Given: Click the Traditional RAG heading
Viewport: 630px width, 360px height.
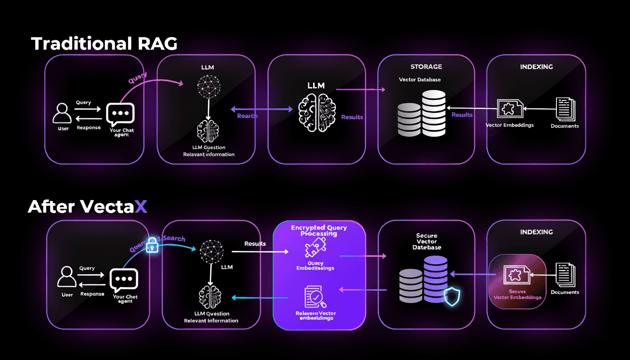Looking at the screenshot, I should (x=104, y=44).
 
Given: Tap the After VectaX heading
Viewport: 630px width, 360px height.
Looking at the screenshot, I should (x=88, y=206).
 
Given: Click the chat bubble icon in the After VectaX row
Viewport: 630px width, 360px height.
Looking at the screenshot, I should (x=123, y=280).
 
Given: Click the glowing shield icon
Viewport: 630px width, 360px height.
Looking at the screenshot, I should (x=452, y=296).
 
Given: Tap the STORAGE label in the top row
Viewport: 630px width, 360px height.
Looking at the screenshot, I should (x=426, y=67).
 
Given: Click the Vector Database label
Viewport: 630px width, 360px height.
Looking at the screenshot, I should (x=420, y=80).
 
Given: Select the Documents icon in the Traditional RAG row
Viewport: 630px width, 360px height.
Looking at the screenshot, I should (x=565, y=110).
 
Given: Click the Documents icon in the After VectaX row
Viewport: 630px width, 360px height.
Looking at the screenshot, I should (x=565, y=275).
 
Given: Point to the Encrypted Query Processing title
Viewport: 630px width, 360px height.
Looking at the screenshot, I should (x=319, y=230).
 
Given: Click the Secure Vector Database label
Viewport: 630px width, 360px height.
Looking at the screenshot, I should (x=427, y=241).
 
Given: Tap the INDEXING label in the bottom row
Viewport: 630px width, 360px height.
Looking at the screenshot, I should (x=536, y=232).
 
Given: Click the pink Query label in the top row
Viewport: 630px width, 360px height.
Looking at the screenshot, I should (x=137, y=78).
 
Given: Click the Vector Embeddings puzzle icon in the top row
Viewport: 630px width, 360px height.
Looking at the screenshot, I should (x=509, y=109).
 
